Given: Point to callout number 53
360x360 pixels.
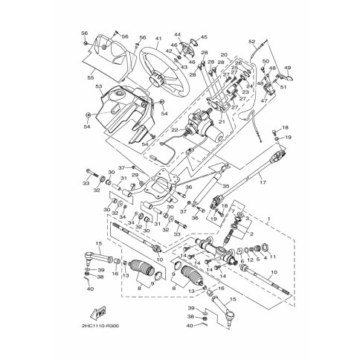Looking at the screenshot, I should [x=97, y=87].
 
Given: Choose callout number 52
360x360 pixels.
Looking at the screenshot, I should [x=252, y=42].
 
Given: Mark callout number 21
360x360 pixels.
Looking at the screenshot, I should [x=221, y=121].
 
